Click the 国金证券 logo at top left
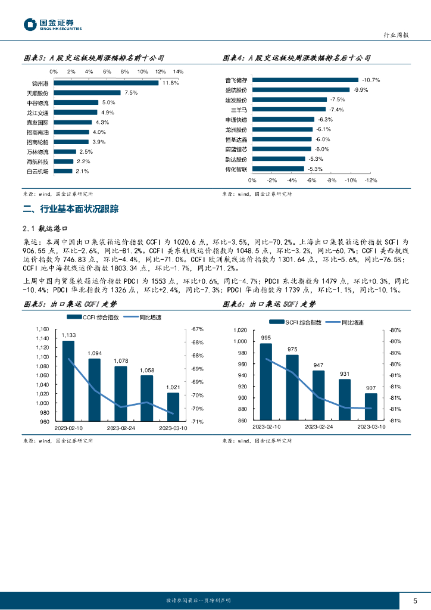[x=52, y=24]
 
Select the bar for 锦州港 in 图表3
[x=106, y=83]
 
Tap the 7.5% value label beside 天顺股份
[x=131, y=93]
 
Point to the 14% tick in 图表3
[x=178, y=71]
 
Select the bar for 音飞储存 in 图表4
[x=305, y=80]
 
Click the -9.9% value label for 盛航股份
[x=361, y=90]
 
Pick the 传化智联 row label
[x=236, y=169]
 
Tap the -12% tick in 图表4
[x=370, y=180]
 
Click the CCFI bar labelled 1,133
[x=68, y=381]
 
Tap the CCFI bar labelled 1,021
[x=173, y=407]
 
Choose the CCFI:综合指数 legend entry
[x=95, y=318]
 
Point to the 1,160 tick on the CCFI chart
[x=42, y=329]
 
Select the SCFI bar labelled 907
[x=370, y=406]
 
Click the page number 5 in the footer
[x=416, y=600]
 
